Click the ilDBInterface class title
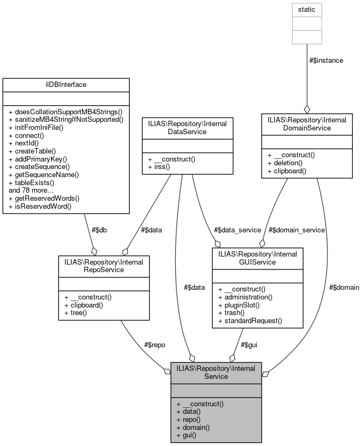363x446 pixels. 66,84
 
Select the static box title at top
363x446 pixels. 306,10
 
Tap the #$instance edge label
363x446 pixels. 326,61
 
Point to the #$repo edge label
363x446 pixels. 155,345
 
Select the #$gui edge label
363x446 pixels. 248,345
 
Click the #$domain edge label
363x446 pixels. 344,287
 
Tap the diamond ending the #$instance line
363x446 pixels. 307,109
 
